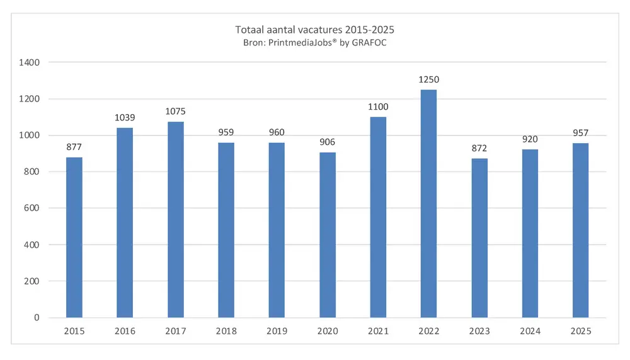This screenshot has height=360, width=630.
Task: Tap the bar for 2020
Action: point(327,235)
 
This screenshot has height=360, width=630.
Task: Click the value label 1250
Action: point(428,80)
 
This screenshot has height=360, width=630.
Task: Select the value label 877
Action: point(74,148)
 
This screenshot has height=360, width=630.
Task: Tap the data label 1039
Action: point(125,118)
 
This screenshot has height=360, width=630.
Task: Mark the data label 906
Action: point(327,142)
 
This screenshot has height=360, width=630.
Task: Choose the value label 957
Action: point(580,133)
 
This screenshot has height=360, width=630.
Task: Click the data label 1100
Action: point(378,107)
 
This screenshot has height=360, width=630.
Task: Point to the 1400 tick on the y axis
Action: point(29,62)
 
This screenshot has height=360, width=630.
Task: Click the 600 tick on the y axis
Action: point(31,208)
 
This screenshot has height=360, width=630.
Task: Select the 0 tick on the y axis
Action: point(37,317)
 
